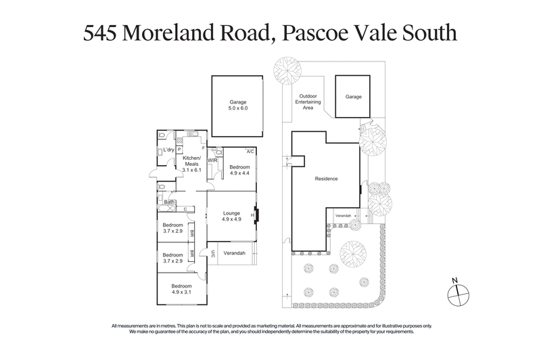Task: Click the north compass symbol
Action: click(x=458, y=292)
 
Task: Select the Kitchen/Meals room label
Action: click(x=193, y=164)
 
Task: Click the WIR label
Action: click(x=212, y=160)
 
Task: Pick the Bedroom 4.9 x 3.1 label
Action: click(x=182, y=288)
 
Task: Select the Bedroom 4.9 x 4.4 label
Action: click(x=239, y=170)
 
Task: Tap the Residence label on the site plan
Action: click(x=326, y=179)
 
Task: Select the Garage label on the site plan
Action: click(x=354, y=97)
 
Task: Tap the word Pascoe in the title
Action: click(x=312, y=35)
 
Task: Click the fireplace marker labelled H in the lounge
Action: click(x=252, y=217)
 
